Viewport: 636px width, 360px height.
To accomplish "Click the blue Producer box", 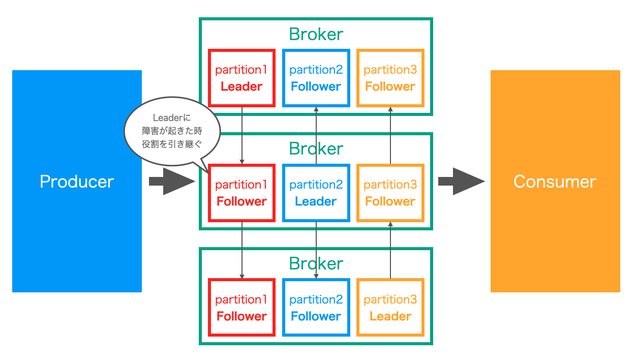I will point(77,181).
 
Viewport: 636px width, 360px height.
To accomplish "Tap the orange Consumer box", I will point(555,181).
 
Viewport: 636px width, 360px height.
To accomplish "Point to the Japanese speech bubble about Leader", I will point(172,131).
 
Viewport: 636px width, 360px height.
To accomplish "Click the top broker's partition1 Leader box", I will point(241,78).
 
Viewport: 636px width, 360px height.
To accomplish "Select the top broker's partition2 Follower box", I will point(316,78).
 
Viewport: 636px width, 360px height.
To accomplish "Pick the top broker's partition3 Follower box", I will point(390,78).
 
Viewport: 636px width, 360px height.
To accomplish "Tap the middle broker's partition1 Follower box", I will point(241,193).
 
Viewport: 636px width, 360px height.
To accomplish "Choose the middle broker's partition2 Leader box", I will point(316,193).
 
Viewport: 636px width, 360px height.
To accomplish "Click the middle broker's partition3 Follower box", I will point(390,193).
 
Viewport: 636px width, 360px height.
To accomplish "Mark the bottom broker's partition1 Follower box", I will point(241,308).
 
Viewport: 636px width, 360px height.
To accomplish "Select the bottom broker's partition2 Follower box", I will point(316,308).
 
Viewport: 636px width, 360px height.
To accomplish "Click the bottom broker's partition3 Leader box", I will point(390,308).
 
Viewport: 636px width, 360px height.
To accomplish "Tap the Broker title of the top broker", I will point(316,34).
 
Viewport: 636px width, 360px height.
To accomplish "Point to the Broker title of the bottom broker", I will point(316,263).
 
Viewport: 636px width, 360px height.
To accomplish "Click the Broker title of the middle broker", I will point(316,148).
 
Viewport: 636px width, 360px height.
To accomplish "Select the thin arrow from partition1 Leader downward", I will point(242,135).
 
